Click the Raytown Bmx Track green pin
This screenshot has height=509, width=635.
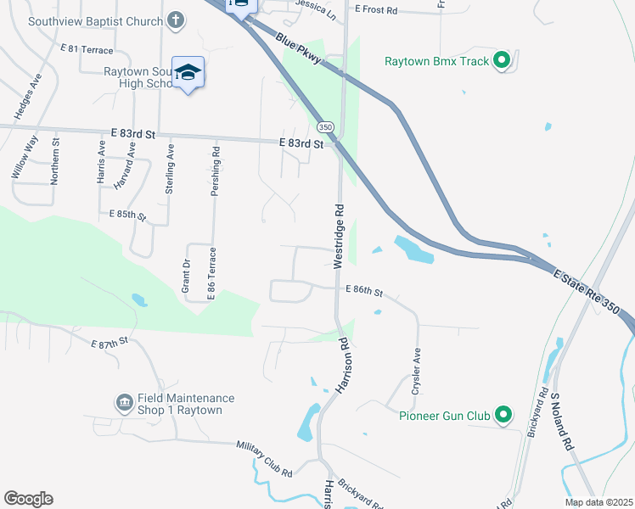502,60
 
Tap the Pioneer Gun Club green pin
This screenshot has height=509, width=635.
504,415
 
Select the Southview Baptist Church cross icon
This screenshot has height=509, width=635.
176,20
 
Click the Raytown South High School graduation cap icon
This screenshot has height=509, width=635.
188,74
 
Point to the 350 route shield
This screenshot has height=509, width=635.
326,126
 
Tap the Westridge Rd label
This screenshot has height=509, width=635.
338,236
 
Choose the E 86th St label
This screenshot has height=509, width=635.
364,291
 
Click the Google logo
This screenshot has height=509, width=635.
28,499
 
